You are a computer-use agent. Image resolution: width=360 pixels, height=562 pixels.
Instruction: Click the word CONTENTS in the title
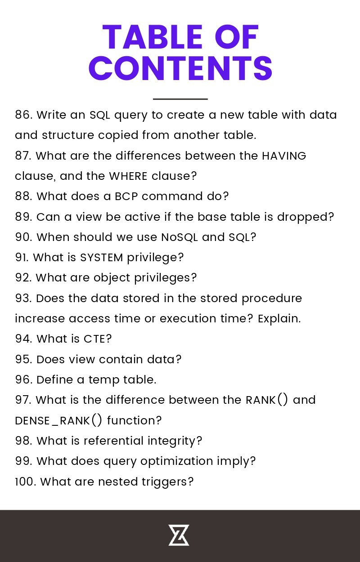pos(180,68)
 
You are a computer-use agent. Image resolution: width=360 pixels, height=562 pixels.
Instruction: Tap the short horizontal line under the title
pos(180,99)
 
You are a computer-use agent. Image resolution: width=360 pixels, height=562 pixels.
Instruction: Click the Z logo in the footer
pos(179,535)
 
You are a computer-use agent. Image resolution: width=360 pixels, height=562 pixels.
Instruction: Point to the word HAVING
pos(284,156)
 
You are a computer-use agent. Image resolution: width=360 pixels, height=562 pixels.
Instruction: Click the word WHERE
pos(128,176)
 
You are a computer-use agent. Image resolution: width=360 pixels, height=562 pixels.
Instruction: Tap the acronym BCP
pos(126,196)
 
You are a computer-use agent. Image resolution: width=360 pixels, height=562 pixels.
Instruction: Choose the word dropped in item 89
pos(305,217)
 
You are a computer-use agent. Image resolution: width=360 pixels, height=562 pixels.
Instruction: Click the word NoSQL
pos(179,237)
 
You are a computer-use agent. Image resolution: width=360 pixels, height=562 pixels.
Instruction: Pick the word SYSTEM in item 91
pos(101,258)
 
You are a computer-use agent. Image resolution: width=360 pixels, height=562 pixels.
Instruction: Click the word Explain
pos(279,319)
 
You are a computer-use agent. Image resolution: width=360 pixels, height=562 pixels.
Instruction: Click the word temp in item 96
pos(103,380)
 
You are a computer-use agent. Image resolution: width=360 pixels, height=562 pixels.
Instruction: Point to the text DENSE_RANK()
pos(58,420)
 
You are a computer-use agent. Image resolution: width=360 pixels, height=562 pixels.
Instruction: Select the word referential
pos(113,441)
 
